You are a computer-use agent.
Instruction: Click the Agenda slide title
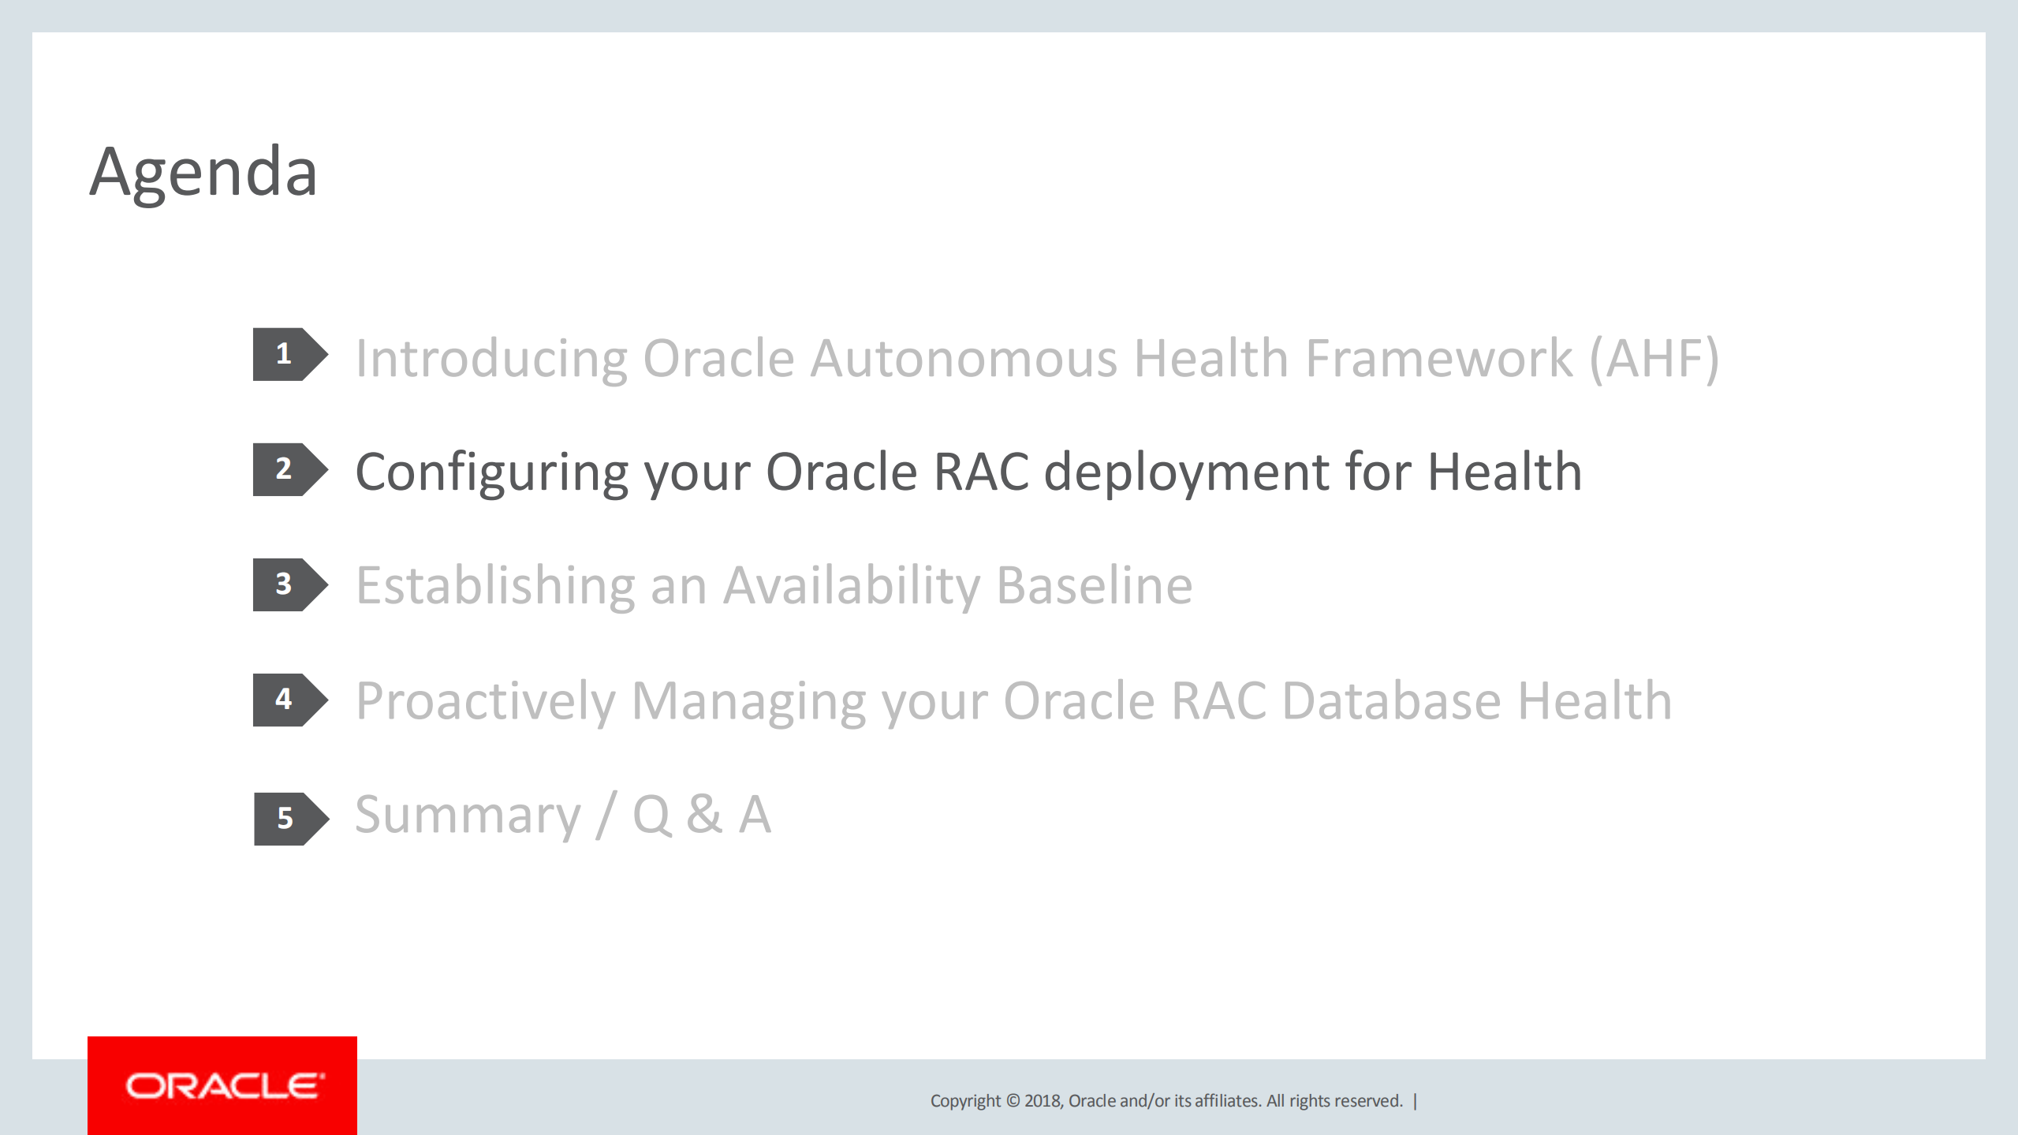[x=203, y=172]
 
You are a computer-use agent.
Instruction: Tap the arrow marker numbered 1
[x=288, y=354]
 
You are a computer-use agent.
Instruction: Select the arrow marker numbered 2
[x=288, y=469]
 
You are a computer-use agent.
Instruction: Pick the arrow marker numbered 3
[x=288, y=584]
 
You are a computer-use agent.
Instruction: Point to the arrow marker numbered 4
[x=288, y=700]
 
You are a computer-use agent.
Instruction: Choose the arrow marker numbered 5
[x=289, y=819]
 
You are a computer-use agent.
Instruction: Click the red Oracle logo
[x=222, y=1085]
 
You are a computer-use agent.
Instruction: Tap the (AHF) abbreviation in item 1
[x=1654, y=359]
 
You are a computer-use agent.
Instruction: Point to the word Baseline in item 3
[x=1095, y=586]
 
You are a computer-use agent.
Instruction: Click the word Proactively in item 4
[x=485, y=701]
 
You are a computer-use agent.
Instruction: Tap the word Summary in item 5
[x=468, y=816]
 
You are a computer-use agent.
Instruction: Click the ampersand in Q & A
[x=704, y=816]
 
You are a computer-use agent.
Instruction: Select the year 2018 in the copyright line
[x=1043, y=1101]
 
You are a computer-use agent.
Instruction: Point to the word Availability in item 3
[x=852, y=586]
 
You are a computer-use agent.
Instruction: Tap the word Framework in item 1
[x=1439, y=359]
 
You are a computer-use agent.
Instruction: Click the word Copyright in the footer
[x=965, y=1101]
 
